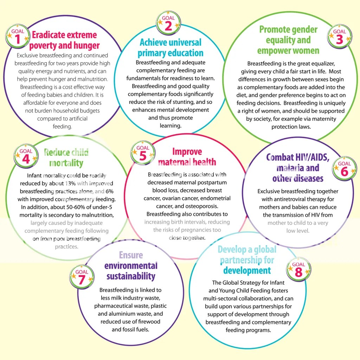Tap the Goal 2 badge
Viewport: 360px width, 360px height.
click(168, 22)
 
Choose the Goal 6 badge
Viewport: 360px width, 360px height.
click(344, 168)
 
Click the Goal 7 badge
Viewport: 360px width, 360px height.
click(82, 277)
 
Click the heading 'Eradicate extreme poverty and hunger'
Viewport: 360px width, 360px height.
click(64, 40)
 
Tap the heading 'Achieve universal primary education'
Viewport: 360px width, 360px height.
click(171, 47)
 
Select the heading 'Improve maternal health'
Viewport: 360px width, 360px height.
click(187, 157)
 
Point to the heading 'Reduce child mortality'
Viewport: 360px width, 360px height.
click(66, 157)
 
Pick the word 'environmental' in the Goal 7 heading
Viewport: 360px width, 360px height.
click(131, 265)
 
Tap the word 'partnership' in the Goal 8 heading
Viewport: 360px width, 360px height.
click(247, 260)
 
